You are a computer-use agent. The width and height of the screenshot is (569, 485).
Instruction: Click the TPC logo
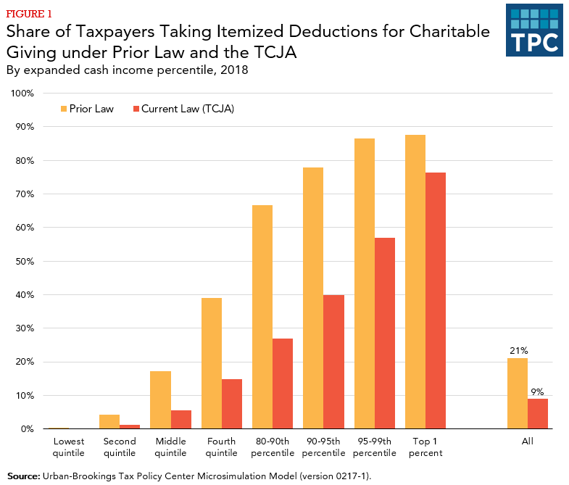click(x=533, y=30)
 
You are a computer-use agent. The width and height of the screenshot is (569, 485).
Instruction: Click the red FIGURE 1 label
click(x=29, y=13)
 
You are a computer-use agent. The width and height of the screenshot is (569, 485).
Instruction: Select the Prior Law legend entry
click(x=86, y=109)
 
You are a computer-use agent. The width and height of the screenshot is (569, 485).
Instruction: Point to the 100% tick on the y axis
click(x=22, y=94)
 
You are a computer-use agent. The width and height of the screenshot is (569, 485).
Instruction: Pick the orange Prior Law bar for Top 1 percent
click(x=415, y=282)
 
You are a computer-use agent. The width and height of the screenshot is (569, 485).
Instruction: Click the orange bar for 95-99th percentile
click(x=365, y=283)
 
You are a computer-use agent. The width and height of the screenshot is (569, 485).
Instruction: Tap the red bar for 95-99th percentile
click(x=385, y=333)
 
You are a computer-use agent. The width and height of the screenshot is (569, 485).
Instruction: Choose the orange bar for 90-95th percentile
click(x=313, y=298)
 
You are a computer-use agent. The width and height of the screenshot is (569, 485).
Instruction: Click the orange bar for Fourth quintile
click(x=212, y=363)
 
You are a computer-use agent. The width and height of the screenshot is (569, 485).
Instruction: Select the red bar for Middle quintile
click(x=181, y=420)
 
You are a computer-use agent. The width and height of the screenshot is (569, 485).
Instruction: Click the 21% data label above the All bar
click(x=518, y=351)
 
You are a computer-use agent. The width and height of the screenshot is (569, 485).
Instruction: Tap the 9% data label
click(x=538, y=391)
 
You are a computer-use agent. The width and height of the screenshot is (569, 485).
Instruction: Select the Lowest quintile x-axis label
click(x=69, y=447)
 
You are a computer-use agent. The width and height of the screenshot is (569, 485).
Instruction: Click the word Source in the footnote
click(x=23, y=476)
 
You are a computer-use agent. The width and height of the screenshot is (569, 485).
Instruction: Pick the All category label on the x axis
click(x=527, y=442)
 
